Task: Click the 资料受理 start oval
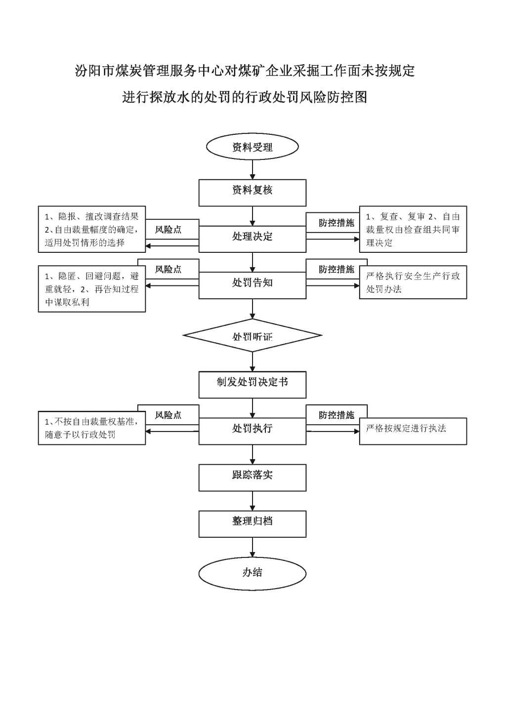pos(253,147)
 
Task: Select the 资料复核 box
pos(253,193)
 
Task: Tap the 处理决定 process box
pos(253,239)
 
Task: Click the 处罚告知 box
pos(253,285)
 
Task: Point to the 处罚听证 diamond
pos(253,335)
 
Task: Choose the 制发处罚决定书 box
pos(253,385)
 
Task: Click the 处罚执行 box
pos(253,431)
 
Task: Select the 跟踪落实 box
pos(253,477)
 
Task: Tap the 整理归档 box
pos(253,524)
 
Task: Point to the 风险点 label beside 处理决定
pos(169,230)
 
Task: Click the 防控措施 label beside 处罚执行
pos(337,415)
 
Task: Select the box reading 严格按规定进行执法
pos(413,431)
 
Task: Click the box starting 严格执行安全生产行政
pos(413,282)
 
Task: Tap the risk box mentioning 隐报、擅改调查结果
pos(92,229)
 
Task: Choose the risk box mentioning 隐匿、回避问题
pos(92,288)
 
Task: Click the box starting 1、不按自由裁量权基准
pos(92,428)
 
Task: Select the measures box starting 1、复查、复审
pos(413,229)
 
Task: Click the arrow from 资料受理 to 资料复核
pos(253,170)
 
